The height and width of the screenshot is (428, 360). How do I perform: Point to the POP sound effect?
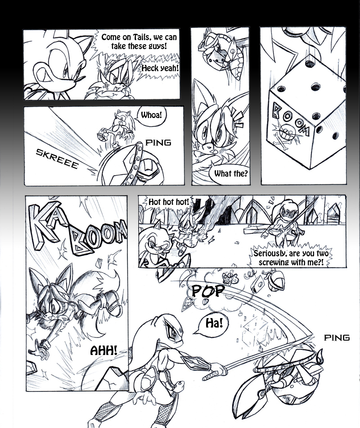pyautogui.click(x=208, y=291)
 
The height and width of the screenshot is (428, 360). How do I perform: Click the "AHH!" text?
pyautogui.click(x=103, y=350)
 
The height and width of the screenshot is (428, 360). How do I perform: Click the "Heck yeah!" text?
pyautogui.click(x=160, y=68)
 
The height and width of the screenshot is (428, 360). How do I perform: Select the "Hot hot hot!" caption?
pyautogui.click(x=168, y=202)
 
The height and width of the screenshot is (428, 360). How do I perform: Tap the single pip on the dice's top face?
pyautogui.click(x=309, y=64)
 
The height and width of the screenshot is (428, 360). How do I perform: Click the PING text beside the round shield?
pyautogui.click(x=158, y=142)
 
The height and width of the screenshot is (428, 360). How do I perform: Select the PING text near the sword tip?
pyautogui.click(x=337, y=337)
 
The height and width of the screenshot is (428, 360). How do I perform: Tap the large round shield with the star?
pyautogui.click(x=120, y=164)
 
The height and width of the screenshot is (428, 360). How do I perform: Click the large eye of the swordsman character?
pyautogui.click(x=172, y=332)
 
